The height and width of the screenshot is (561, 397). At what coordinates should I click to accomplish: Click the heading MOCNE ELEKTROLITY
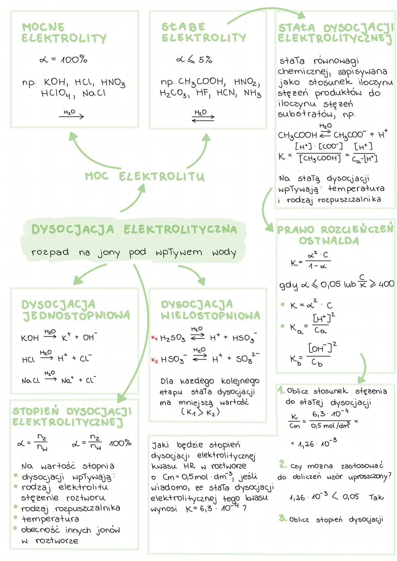coord(64,33)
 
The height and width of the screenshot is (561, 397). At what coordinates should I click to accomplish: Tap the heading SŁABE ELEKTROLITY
coord(204,32)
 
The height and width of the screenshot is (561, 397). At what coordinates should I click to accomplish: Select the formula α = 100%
coord(63,60)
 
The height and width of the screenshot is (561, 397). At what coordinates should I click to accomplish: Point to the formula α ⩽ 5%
coord(194,60)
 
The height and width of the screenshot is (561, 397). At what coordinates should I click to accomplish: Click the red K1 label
coord(154,338)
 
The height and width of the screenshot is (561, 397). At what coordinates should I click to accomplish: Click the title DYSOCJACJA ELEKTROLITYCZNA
coord(134,229)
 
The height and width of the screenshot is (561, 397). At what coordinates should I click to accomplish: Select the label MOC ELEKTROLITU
coord(144,176)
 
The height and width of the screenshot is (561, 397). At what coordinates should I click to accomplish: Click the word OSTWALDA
coord(329,241)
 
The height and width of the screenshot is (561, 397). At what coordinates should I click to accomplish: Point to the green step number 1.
coord(281,390)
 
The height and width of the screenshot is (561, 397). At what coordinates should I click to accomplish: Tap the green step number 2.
coord(283,464)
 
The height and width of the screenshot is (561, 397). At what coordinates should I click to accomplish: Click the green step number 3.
coord(282,518)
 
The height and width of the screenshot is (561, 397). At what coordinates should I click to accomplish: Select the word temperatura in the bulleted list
coord(50,519)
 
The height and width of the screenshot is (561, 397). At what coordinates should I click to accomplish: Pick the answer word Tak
coord(376,497)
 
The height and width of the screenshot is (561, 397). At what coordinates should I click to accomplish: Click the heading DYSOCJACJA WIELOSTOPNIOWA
coord(211,310)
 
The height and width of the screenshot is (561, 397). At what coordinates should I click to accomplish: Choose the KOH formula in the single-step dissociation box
coord(30,338)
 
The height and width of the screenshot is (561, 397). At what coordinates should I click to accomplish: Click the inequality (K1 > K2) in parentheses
coord(200,412)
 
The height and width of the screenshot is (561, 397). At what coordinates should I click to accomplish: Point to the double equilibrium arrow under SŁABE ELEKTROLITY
coord(203,118)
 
